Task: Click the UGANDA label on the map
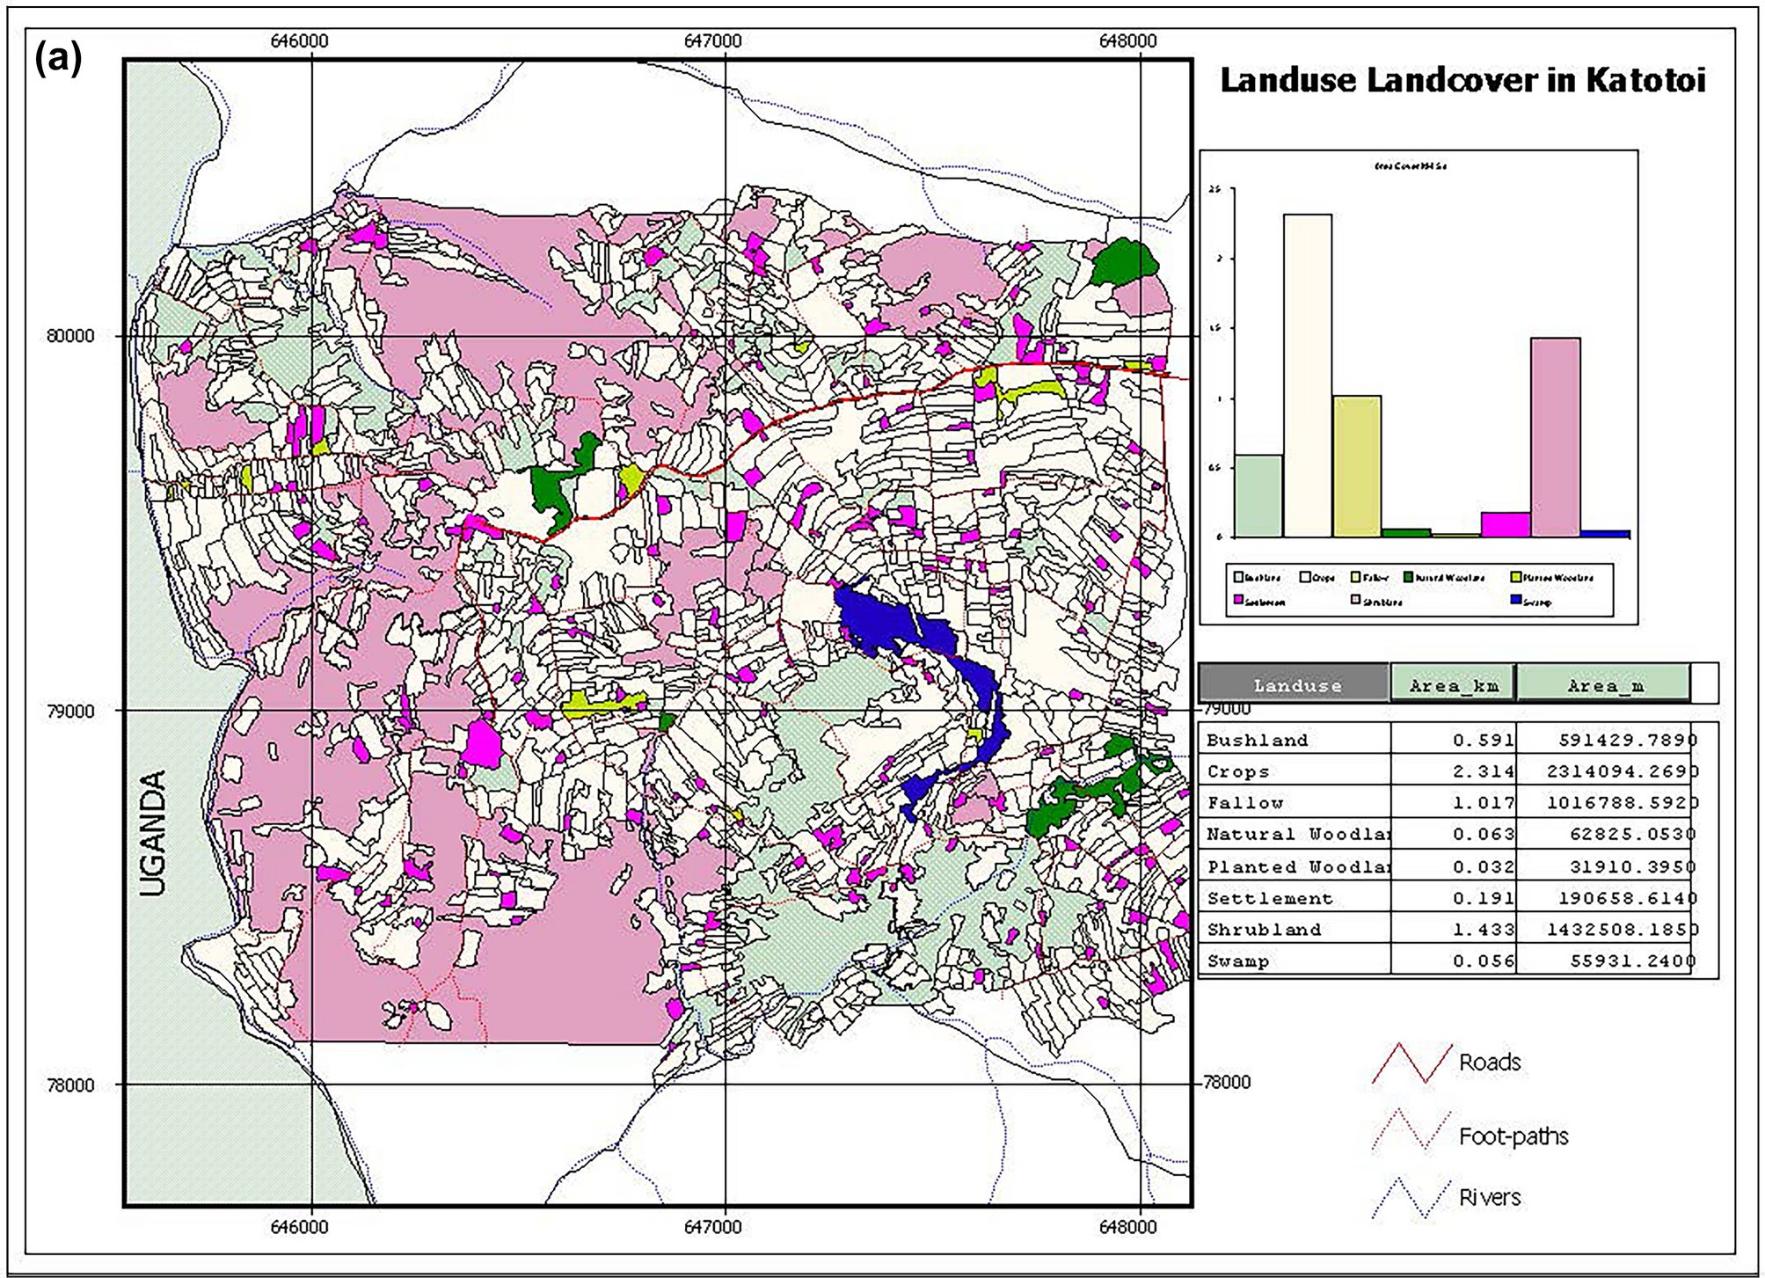coord(154,832)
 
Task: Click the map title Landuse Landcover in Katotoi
coord(1462,81)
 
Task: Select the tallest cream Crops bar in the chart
coord(1308,376)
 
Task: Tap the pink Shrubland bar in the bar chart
coord(1555,437)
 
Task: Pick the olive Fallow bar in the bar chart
coord(1357,466)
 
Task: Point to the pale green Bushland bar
coord(1258,495)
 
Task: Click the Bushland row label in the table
coord(1257,741)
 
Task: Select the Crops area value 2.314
coord(1484,772)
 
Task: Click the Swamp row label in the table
coord(1237,961)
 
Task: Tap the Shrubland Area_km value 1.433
coord(1484,930)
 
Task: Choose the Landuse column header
coord(1296,685)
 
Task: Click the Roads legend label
coord(1490,1063)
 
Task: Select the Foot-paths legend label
coord(1513,1136)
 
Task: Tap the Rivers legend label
coord(1490,1197)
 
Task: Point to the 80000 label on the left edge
coord(70,336)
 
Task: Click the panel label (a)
coord(58,60)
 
